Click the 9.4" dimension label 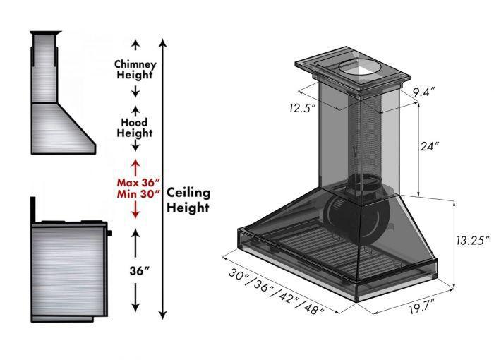click(423, 92)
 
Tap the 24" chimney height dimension click(428, 147)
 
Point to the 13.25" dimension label click(471, 241)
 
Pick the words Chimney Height click(135, 69)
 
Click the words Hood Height click(135, 127)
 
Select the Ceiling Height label click(188, 200)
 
